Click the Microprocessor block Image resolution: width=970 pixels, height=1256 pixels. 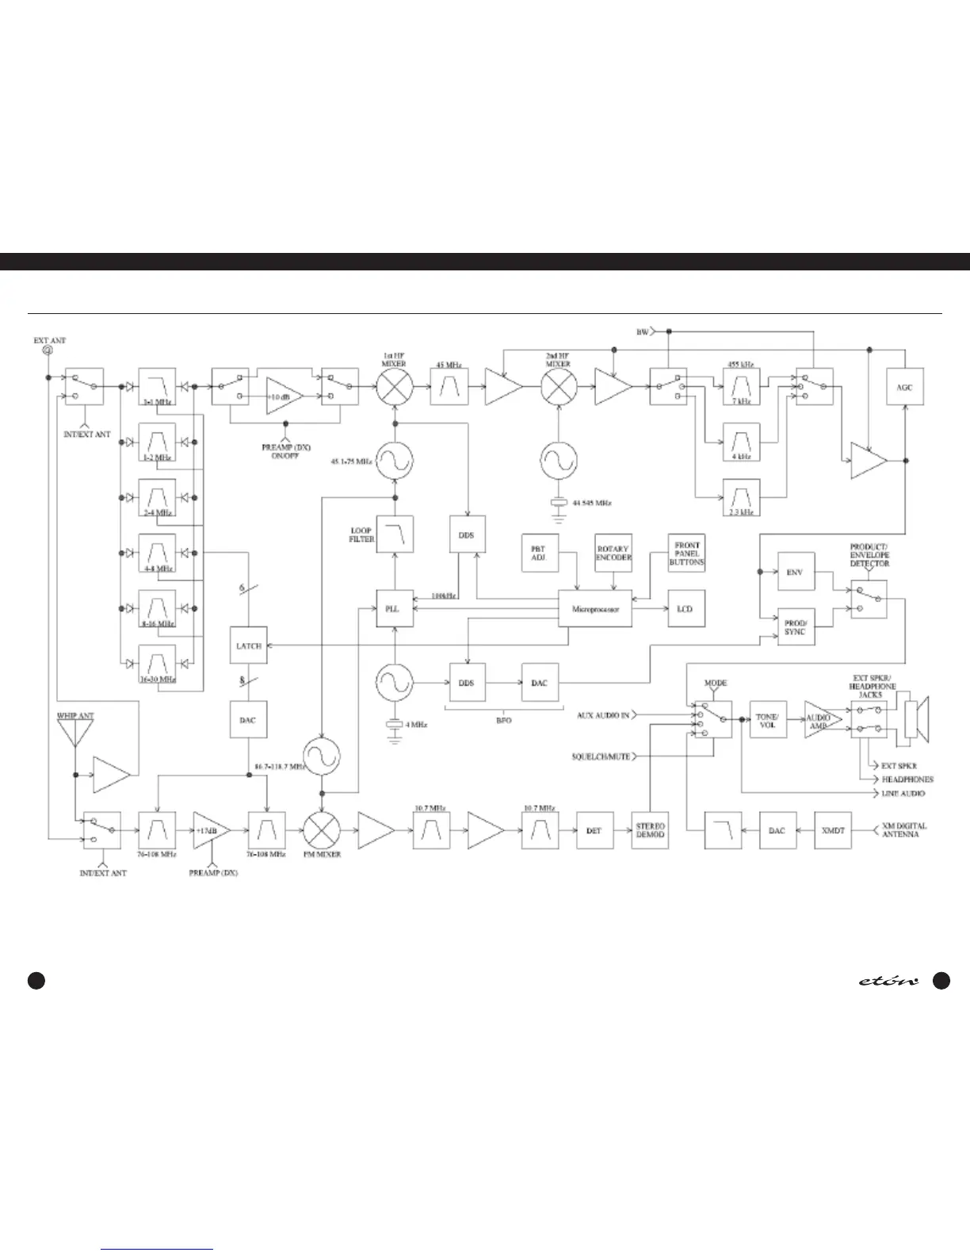(x=594, y=609)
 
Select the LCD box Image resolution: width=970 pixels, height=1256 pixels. (x=685, y=609)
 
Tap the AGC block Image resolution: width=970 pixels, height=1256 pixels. (x=904, y=387)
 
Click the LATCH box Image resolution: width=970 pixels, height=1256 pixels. (x=248, y=645)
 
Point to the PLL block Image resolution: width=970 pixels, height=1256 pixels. (x=394, y=609)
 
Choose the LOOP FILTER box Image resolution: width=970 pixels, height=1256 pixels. (x=394, y=534)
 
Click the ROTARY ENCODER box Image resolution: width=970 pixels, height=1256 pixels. (x=613, y=553)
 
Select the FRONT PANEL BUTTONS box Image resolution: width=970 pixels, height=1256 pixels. (x=686, y=552)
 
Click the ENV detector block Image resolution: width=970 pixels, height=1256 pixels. (x=795, y=572)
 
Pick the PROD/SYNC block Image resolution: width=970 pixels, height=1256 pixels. (x=795, y=626)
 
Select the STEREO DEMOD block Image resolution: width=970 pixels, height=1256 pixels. (x=650, y=830)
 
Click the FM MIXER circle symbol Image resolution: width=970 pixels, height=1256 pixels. (x=322, y=830)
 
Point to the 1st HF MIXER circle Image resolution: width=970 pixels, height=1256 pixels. (x=394, y=387)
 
